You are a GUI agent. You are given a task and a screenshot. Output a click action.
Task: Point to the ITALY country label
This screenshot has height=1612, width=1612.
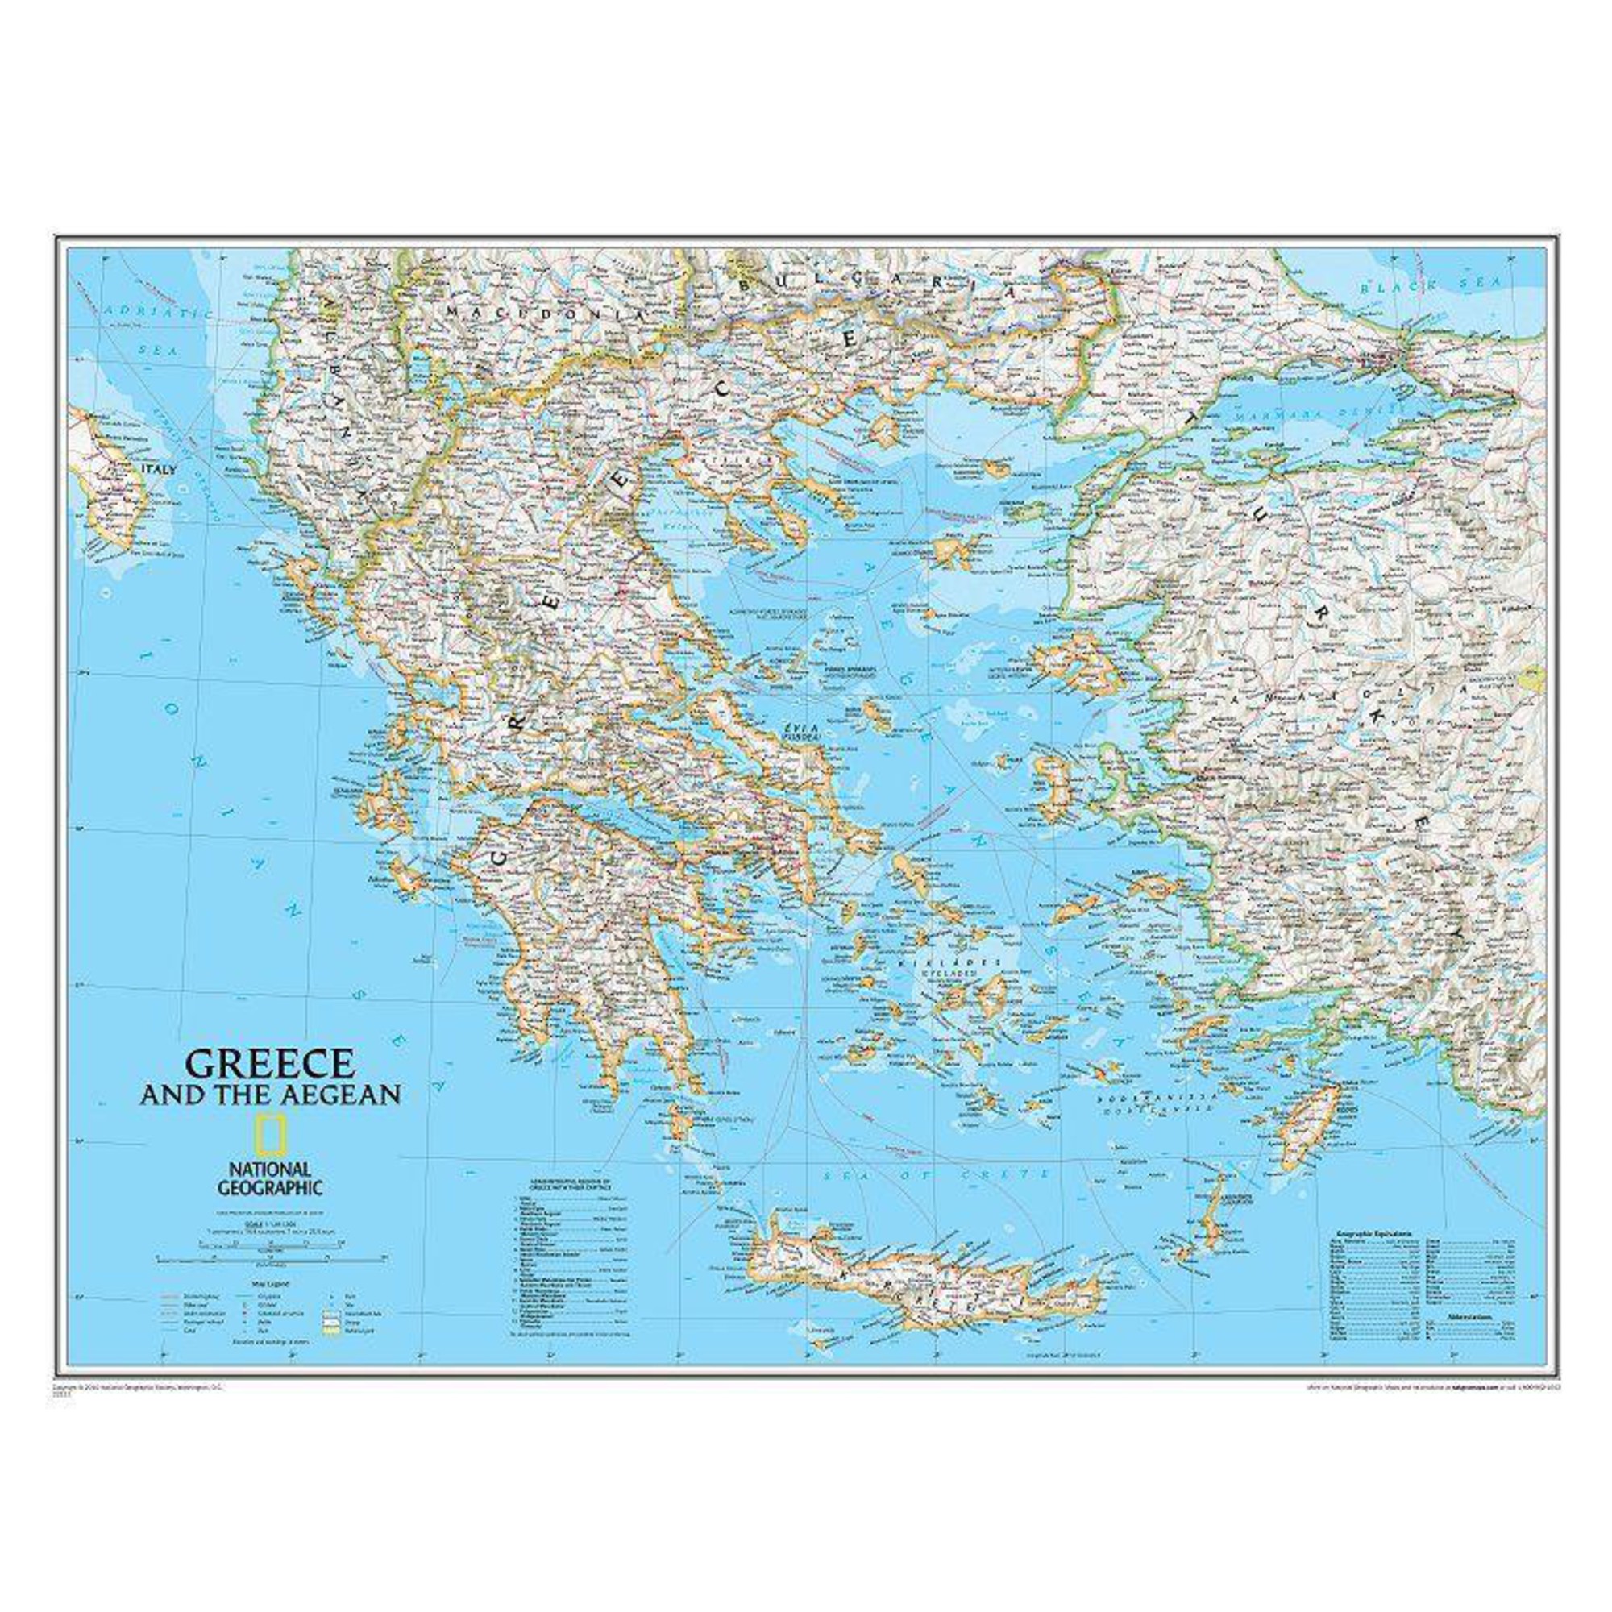coord(159,471)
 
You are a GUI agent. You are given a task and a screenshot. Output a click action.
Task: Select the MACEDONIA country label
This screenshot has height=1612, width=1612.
coord(546,314)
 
